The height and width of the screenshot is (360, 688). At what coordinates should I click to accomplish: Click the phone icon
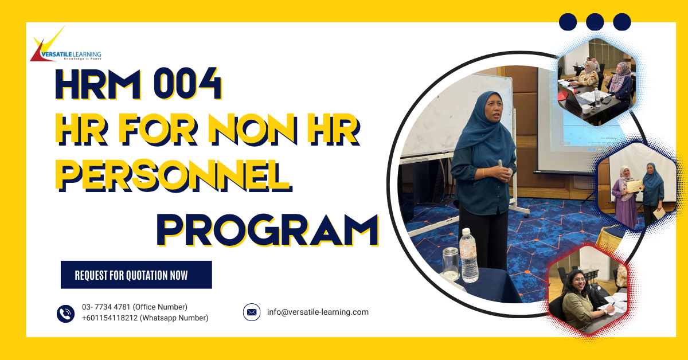[65, 313]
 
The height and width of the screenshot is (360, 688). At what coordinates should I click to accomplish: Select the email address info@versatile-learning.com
[318, 312]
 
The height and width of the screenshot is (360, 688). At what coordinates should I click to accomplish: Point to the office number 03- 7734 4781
[135, 307]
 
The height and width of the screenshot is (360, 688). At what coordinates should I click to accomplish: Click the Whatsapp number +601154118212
[145, 318]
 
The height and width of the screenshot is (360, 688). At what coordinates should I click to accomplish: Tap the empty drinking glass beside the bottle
[450, 263]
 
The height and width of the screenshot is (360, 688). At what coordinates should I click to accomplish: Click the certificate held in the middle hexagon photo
[632, 186]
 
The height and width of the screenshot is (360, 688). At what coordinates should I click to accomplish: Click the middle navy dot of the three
[595, 22]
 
